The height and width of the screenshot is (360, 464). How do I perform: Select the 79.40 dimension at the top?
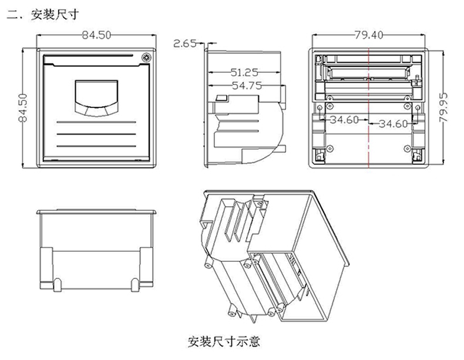coord(368,35)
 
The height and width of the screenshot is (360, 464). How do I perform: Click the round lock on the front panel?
coord(145,58)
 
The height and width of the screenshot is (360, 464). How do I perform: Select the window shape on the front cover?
coord(97,96)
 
